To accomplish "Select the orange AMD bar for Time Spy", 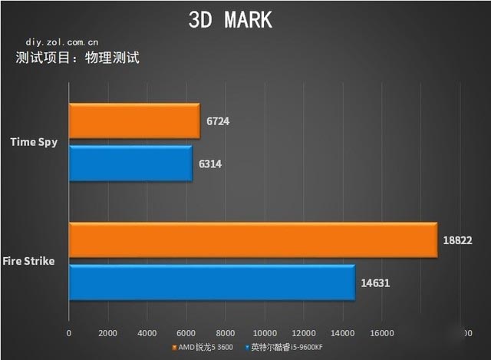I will pos(134,121).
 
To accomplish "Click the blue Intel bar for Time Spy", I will pos(130,163).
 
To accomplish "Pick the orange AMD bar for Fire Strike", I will pos(253,240).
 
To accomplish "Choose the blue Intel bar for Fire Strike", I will pos(212,282).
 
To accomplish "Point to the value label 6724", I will pos(218,121).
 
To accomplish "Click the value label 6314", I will pos(210,163).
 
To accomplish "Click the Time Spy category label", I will pos(33,142).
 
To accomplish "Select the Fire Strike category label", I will pos(28,261).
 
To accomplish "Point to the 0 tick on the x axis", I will pos(69,333).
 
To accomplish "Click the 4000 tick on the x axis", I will pos(147,333).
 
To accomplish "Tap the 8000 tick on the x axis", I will pos(226,333).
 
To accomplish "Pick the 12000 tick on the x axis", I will pos(304,333).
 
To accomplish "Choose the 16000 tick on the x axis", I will pos(382,333).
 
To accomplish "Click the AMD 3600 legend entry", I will pos(204,348).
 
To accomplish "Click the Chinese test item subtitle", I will pos(77,58).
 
